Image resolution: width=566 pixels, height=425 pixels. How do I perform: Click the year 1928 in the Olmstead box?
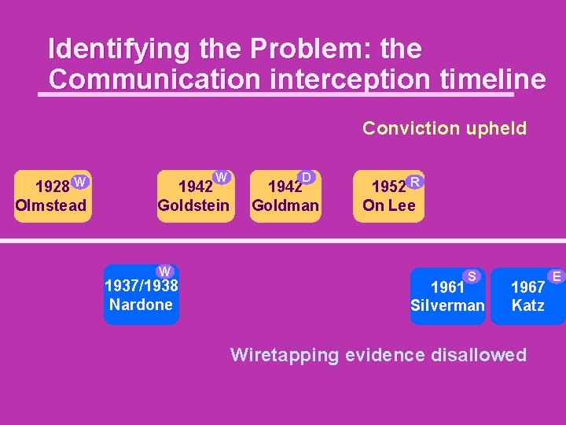click(x=53, y=187)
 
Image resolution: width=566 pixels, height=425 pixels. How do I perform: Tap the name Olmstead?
click(x=51, y=206)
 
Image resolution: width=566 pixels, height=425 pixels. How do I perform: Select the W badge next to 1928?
click(x=79, y=183)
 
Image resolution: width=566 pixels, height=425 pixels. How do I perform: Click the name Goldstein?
click(x=193, y=206)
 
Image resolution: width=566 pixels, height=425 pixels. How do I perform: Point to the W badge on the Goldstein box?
click(x=222, y=177)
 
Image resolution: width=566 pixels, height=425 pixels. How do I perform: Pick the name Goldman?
click(x=285, y=206)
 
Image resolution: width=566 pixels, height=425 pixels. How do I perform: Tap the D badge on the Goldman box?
click(x=307, y=177)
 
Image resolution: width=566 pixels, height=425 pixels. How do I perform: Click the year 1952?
click(x=388, y=187)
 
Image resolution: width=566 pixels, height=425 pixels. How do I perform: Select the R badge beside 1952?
click(x=415, y=183)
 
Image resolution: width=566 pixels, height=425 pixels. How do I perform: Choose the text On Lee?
click(x=388, y=206)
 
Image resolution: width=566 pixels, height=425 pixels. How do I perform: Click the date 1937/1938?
click(x=141, y=286)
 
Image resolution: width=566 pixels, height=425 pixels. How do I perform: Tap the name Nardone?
click(x=141, y=305)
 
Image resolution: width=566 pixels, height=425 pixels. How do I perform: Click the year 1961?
click(x=449, y=287)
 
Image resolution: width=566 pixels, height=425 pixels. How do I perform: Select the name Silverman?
click(x=448, y=305)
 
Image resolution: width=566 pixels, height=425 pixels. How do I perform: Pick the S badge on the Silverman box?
click(x=472, y=275)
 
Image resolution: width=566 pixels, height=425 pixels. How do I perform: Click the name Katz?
click(x=527, y=305)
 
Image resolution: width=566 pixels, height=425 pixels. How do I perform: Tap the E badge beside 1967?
click(x=557, y=275)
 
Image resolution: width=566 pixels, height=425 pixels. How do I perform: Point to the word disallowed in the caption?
click(x=477, y=355)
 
